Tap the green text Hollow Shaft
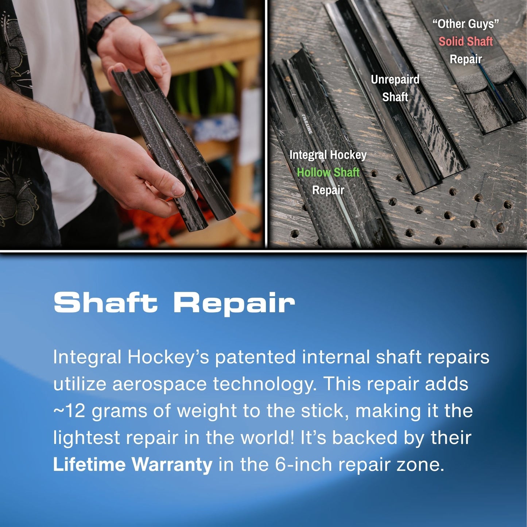coord(328,172)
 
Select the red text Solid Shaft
coord(465,42)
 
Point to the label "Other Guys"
coord(465,24)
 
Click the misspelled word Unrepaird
coord(395,80)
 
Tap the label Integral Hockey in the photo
coord(328,155)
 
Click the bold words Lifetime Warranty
coord(132,465)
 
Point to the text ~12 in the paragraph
coord(69,411)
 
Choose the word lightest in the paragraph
coord(86,438)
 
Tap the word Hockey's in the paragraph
coord(168,357)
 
